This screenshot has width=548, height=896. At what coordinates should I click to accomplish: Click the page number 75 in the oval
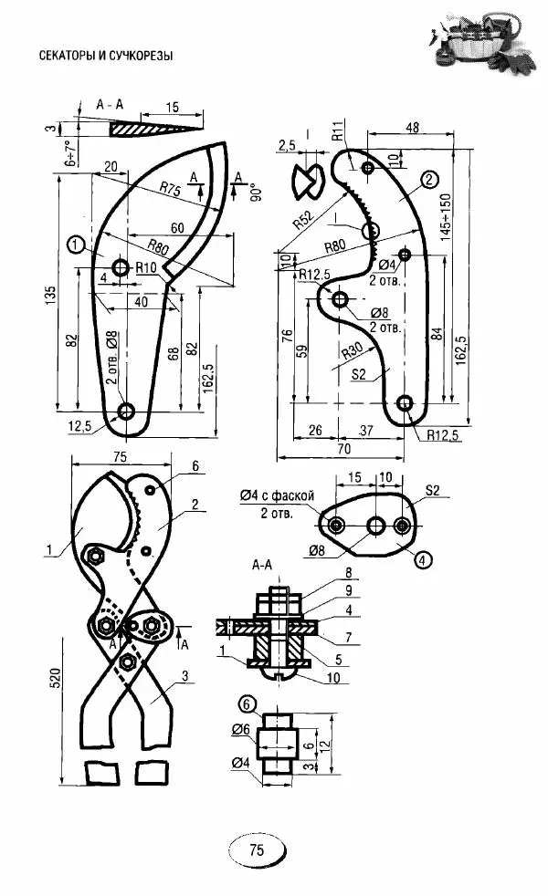(x=257, y=849)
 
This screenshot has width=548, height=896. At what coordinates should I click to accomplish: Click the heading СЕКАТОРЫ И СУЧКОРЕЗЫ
(x=106, y=56)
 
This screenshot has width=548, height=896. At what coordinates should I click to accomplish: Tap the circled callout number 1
(x=76, y=245)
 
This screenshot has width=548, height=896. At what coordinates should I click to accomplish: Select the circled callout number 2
(x=429, y=180)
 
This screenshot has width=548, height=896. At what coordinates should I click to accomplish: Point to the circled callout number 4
(x=422, y=560)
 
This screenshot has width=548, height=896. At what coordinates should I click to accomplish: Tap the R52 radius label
(x=304, y=219)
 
